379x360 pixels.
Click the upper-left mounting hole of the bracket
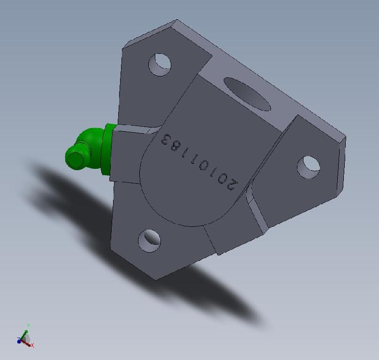pyautogui.click(x=159, y=64)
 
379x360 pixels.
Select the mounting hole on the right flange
pyautogui.click(x=309, y=166)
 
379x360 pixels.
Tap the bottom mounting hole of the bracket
pyautogui.click(x=149, y=240)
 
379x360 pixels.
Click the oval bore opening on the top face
pyautogui.click(x=247, y=93)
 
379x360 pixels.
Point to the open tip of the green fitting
pyautogui.click(x=74, y=158)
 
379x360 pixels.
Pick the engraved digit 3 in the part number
pyautogui.click(x=166, y=139)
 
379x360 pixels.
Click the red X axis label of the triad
pyautogui.click(x=32, y=345)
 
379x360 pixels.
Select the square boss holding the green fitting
pyautogui.click(x=127, y=155)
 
